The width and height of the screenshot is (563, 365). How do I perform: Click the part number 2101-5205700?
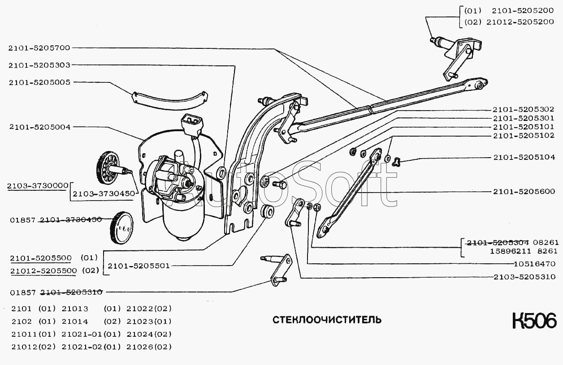[x=39, y=47]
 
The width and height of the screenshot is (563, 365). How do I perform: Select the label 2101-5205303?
[x=39, y=65]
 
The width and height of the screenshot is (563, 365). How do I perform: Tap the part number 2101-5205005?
[x=39, y=82]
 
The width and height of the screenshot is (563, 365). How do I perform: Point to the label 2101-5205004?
[x=39, y=127]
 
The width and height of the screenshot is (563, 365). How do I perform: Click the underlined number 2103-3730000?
[x=38, y=185]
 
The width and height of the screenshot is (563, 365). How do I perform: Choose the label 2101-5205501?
[x=139, y=266]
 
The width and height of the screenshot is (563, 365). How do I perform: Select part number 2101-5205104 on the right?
[x=524, y=157]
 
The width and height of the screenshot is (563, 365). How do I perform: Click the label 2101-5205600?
[x=524, y=192]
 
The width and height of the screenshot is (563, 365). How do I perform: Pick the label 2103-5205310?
[x=524, y=277]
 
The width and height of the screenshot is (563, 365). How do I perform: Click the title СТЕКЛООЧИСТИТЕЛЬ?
[x=327, y=320]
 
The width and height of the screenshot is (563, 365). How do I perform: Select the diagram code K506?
[x=534, y=321]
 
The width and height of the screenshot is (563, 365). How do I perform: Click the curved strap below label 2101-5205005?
[x=170, y=100]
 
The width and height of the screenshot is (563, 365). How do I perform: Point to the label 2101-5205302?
[x=524, y=109]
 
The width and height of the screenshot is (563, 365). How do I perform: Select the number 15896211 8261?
[x=512, y=252]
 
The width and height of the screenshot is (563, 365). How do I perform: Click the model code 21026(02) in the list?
[x=149, y=347]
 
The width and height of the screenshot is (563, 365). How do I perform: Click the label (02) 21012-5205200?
[x=509, y=21]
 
